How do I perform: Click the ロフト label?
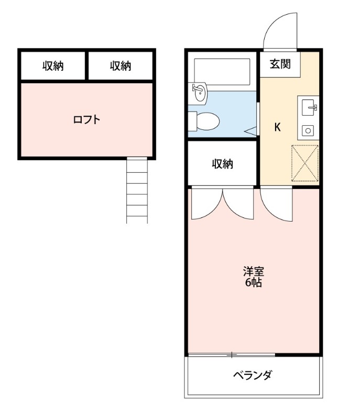coord(87,119)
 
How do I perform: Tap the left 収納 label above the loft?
coord(53,66)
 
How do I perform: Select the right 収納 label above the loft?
coord(121,66)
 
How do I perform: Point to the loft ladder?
coord(137,190)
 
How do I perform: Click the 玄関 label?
coord(280,64)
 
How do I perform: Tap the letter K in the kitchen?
coord(278,127)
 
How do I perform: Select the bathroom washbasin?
coord(199,93)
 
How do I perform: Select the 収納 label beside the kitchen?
coord(222,164)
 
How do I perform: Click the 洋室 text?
coord(253,272)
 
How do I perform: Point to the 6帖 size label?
coord(253,283)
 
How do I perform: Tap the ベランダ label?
coord(253,376)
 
